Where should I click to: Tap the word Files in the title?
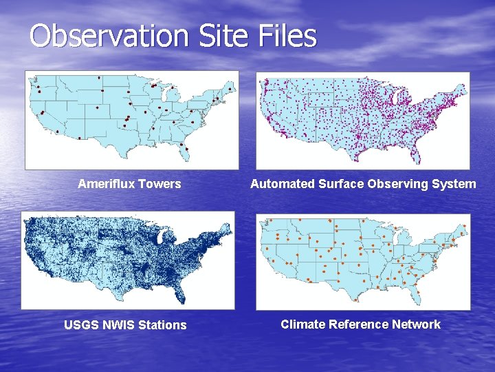[x=291, y=36]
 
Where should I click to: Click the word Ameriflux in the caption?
[x=107, y=184]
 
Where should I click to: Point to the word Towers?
[x=159, y=184]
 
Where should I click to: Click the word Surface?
[x=341, y=184]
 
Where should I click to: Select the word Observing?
[x=399, y=184]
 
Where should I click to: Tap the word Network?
[x=416, y=324]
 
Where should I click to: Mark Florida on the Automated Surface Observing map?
[x=415, y=153]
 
